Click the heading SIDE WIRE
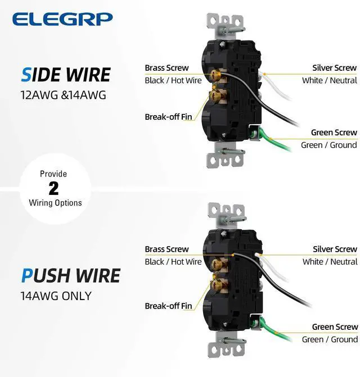click(x=66, y=75)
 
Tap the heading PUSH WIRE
click(x=71, y=276)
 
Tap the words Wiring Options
click(x=55, y=203)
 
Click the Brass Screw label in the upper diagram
click(x=166, y=68)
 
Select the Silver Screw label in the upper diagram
click(x=335, y=68)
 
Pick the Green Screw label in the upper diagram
click(x=334, y=133)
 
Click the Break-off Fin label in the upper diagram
click(x=168, y=117)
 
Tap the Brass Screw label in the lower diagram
click(x=166, y=249)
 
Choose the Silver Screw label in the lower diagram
click(x=335, y=249)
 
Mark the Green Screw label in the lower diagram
click(x=335, y=327)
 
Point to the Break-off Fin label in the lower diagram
click(x=168, y=306)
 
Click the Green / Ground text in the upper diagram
click(x=329, y=145)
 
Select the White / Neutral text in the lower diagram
click(x=330, y=261)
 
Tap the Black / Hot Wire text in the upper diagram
click(x=173, y=80)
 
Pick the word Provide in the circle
click(x=53, y=174)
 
